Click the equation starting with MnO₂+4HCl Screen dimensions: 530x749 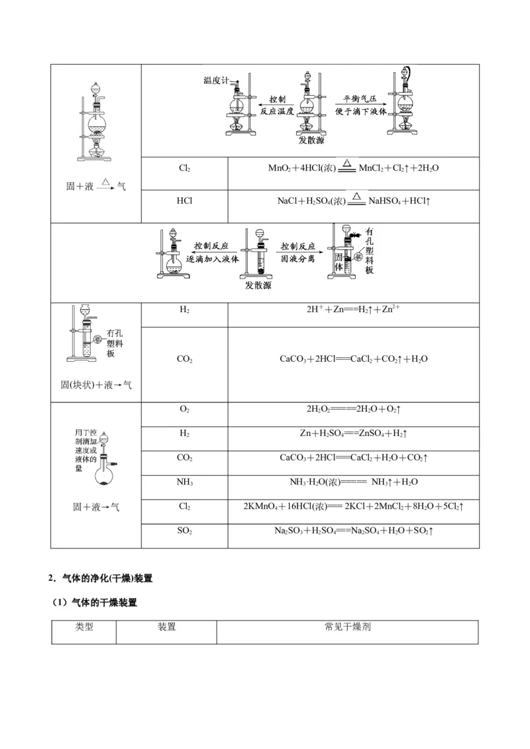point(353,168)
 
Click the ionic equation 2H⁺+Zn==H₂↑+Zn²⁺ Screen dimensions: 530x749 point(352,309)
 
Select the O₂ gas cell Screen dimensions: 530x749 point(184,409)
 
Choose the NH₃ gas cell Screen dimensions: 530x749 point(184,482)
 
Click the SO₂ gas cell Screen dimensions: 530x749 point(184,531)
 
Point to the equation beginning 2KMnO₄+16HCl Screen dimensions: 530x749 point(353,506)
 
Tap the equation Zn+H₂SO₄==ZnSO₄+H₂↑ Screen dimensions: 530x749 point(353,433)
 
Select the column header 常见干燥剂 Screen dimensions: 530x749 point(347,627)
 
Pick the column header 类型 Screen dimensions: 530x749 point(84,627)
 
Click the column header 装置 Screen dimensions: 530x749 point(166,627)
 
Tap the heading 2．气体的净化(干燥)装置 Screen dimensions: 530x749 point(101,578)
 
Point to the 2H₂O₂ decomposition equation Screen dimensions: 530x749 point(353,409)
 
